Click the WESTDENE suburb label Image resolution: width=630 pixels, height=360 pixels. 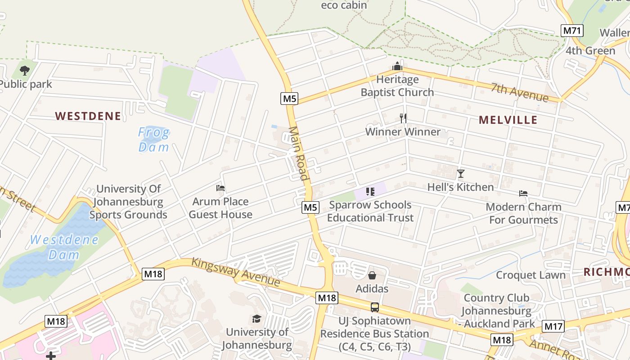tap(88, 116)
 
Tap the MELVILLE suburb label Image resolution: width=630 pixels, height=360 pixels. tap(508, 120)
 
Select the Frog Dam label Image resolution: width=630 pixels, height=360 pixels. tap(154, 139)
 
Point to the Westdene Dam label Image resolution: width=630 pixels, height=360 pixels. tap(64, 247)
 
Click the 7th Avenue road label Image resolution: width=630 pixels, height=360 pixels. tap(520, 93)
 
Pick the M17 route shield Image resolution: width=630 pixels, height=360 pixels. tap(553, 326)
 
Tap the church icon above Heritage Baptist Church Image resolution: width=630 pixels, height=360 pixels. tap(397, 67)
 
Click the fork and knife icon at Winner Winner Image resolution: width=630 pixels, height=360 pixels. tap(403, 118)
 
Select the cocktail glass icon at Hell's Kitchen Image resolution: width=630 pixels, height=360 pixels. tap(460, 174)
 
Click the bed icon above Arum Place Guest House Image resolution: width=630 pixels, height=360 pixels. tap(220, 188)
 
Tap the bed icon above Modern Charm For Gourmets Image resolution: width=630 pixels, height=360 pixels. tap(523, 193)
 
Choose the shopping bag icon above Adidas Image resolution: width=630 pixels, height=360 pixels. tap(372, 275)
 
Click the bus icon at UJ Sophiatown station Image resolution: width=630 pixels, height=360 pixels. tap(374, 307)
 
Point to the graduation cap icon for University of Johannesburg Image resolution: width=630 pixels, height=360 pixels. tap(256, 319)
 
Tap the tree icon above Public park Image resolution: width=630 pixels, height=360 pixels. tap(25, 71)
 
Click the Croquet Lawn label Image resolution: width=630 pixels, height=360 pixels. tap(531, 275)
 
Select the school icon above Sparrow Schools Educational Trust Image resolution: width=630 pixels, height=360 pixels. tap(370, 192)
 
